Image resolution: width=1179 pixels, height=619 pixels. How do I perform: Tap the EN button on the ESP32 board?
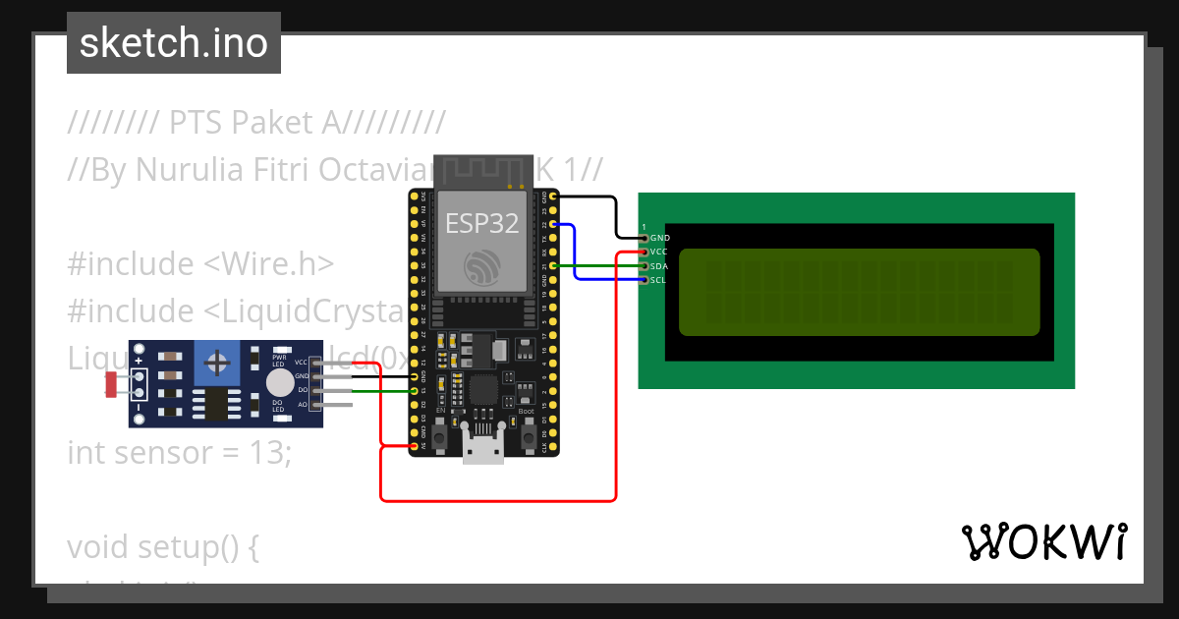click(x=440, y=433)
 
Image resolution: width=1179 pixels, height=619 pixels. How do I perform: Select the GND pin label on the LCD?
click(x=660, y=238)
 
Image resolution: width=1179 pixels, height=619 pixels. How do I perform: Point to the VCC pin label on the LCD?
click(x=659, y=252)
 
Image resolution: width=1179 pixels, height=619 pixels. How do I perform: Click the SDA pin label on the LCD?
click(x=659, y=265)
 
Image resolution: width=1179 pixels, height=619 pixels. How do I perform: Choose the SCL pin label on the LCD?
click(x=659, y=280)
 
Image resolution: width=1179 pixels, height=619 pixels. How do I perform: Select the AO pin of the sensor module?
click(x=303, y=404)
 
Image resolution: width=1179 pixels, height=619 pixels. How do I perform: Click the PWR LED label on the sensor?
click(x=279, y=361)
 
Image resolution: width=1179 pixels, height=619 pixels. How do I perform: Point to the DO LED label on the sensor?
click(x=278, y=406)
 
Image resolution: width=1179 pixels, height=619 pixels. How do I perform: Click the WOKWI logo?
click(x=1043, y=542)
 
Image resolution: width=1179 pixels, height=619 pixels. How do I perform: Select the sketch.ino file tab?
click(x=174, y=43)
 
